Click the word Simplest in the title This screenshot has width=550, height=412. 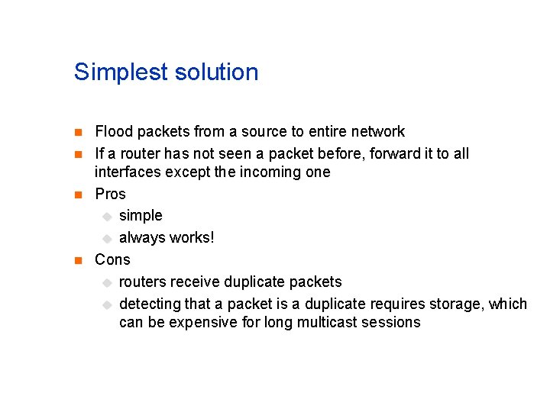tap(121, 73)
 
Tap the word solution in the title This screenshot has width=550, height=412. tap(217, 72)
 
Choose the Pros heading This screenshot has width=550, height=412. tap(110, 194)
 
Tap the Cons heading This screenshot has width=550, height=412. tap(112, 259)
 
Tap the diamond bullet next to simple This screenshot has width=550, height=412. tap(106, 217)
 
